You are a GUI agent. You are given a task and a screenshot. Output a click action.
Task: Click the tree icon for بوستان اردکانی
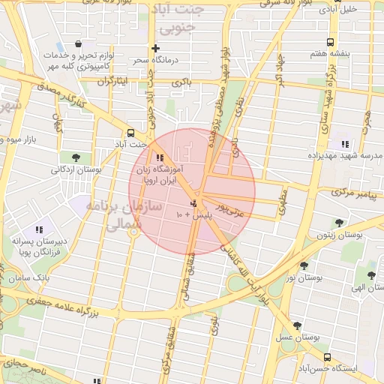tap(76, 157)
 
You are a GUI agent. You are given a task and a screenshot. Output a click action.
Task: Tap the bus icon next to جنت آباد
tap(131, 129)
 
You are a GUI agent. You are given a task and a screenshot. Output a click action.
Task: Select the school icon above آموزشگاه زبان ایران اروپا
tap(159, 157)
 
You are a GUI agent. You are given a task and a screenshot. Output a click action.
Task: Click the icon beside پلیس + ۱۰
tap(193, 203)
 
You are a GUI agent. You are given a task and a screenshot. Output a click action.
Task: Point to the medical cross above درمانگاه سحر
tap(156, 48)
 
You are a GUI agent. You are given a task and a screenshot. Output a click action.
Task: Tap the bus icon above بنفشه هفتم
tap(328, 43)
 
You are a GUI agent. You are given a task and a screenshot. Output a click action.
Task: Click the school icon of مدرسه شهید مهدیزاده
tap(345, 143)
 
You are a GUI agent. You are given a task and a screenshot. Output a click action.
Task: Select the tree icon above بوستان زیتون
tap(340, 223)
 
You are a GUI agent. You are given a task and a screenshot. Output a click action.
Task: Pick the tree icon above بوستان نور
tap(304, 265)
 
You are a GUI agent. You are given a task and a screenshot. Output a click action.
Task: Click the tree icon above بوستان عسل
tap(298, 325)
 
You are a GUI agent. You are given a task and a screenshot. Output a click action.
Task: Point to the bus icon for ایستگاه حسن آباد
tap(327, 357)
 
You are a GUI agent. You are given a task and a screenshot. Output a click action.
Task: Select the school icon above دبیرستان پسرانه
tap(39, 229)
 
